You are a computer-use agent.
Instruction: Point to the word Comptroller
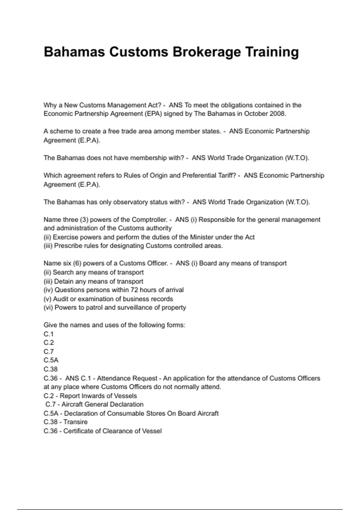coord(149,220)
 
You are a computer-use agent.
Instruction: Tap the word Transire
coord(75,422)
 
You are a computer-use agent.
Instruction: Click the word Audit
coord(61,299)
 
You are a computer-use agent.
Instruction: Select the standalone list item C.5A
coord(51,360)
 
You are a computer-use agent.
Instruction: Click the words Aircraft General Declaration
coord(102,404)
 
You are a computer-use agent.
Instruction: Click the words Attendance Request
coord(127,378)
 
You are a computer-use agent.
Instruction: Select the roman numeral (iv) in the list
coord(48,290)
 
